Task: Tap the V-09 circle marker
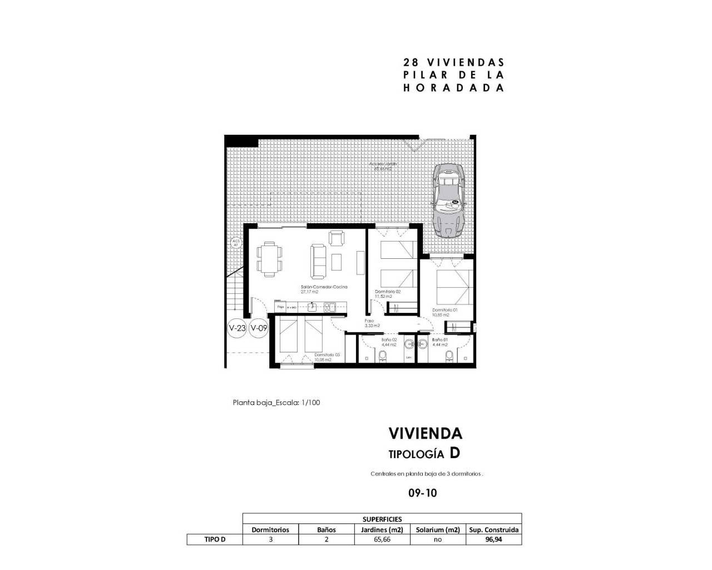point(259,328)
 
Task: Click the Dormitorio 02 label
point(388,292)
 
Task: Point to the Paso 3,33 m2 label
point(372,323)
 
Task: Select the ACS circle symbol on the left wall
point(235,243)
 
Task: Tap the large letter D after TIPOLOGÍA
point(454,453)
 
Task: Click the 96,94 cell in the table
point(494,539)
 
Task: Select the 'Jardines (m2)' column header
point(382,529)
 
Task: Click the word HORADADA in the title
point(453,87)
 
